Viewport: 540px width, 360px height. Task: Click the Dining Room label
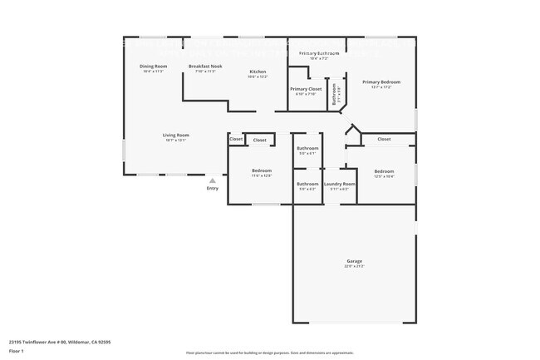tap(153, 66)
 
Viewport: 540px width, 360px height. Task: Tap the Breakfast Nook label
tap(205, 66)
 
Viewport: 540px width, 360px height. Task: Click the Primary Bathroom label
tap(319, 53)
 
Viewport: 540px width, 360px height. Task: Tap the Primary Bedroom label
tap(380, 82)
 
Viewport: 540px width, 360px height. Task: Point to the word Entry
tap(213, 189)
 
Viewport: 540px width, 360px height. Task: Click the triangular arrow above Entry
tap(213, 180)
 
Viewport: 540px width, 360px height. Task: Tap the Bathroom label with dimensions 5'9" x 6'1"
tap(307, 150)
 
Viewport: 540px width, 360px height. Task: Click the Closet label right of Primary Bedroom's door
tap(384, 139)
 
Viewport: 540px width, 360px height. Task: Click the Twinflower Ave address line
tap(60, 341)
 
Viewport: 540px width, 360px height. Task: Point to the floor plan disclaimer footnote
tap(270, 353)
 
